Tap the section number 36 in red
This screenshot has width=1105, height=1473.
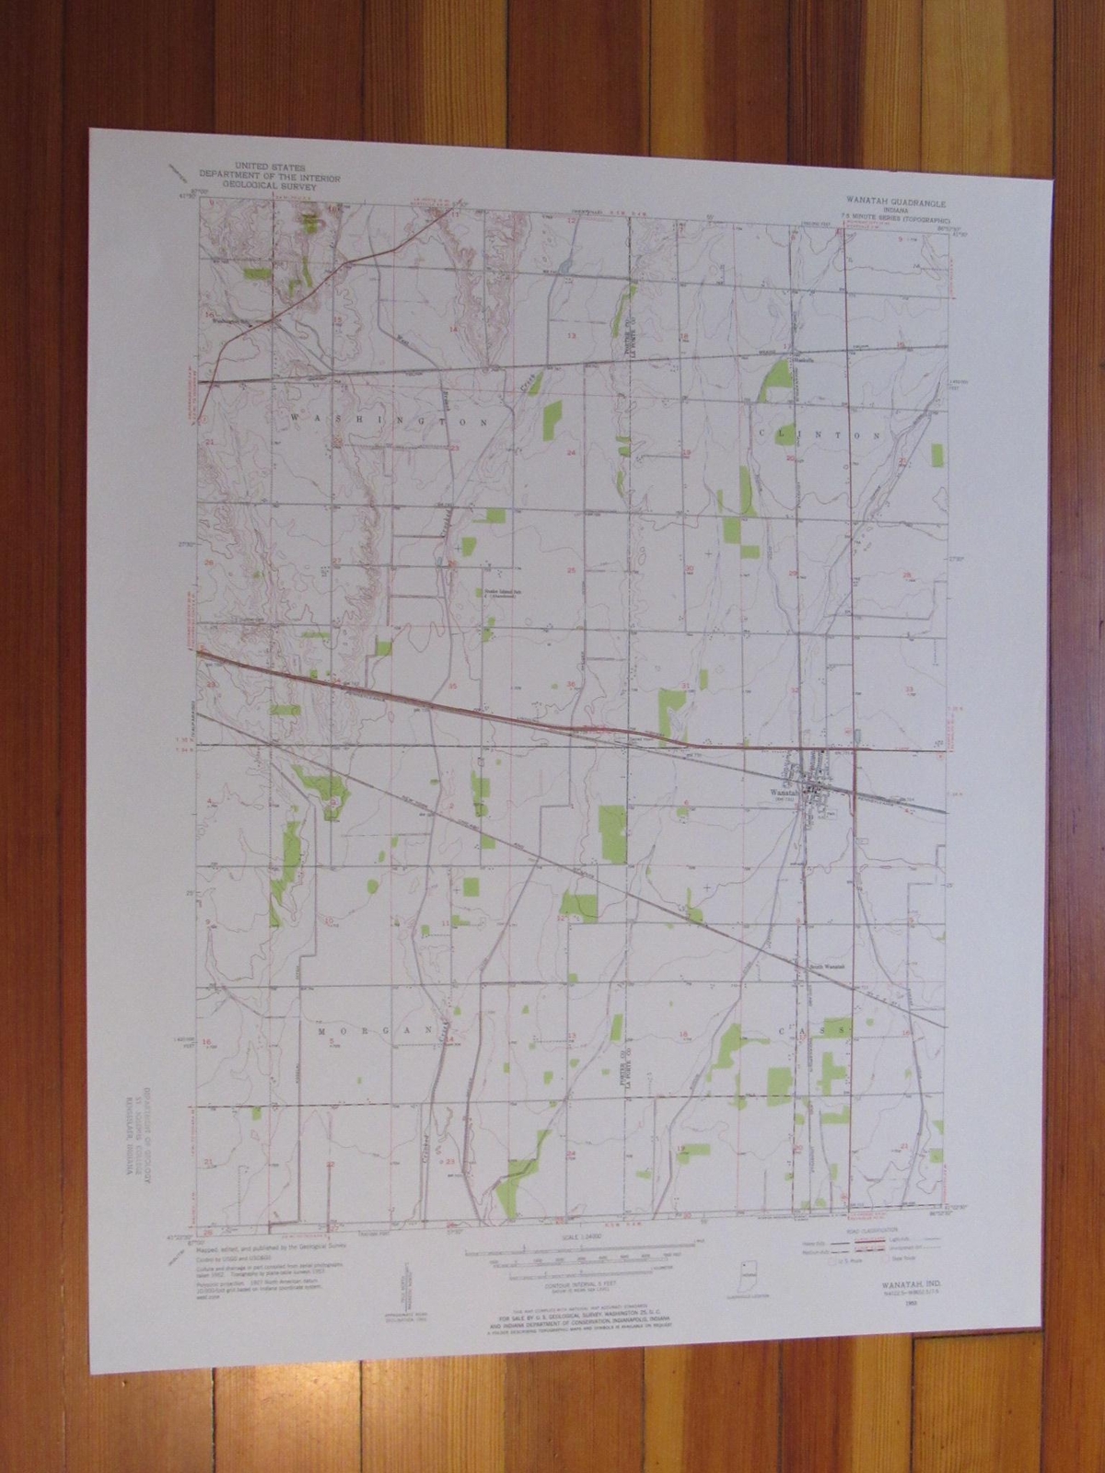pos(572,685)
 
